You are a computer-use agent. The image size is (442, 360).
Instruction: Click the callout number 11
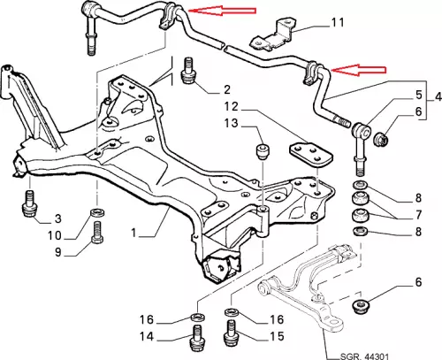(338, 22)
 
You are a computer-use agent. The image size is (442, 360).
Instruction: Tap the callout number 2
(226, 89)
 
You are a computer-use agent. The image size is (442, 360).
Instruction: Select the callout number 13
(231, 123)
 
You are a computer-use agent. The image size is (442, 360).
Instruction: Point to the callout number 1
(133, 233)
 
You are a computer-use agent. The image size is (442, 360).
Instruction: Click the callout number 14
(147, 336)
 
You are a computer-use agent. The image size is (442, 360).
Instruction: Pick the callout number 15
(277, 336)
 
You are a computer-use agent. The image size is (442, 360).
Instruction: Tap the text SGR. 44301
(364, 356)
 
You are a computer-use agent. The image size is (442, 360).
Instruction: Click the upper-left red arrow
(222, 11)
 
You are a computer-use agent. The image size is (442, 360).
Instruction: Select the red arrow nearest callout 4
(358, 70)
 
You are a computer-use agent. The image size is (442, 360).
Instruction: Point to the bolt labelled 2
(188, 71)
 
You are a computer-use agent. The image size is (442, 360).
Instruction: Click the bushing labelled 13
(263, 151)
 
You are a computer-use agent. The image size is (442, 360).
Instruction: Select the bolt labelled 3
(29, 203)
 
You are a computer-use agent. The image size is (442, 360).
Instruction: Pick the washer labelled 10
(97, 213)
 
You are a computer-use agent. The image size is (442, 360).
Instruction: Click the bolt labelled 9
(98, 233)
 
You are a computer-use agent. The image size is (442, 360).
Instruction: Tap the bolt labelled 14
(197, 338)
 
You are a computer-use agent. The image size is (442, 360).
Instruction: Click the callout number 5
(419, 95)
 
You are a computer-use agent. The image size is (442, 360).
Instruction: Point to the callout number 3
(57, 218)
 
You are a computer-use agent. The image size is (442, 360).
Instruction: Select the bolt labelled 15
(232, 333)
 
